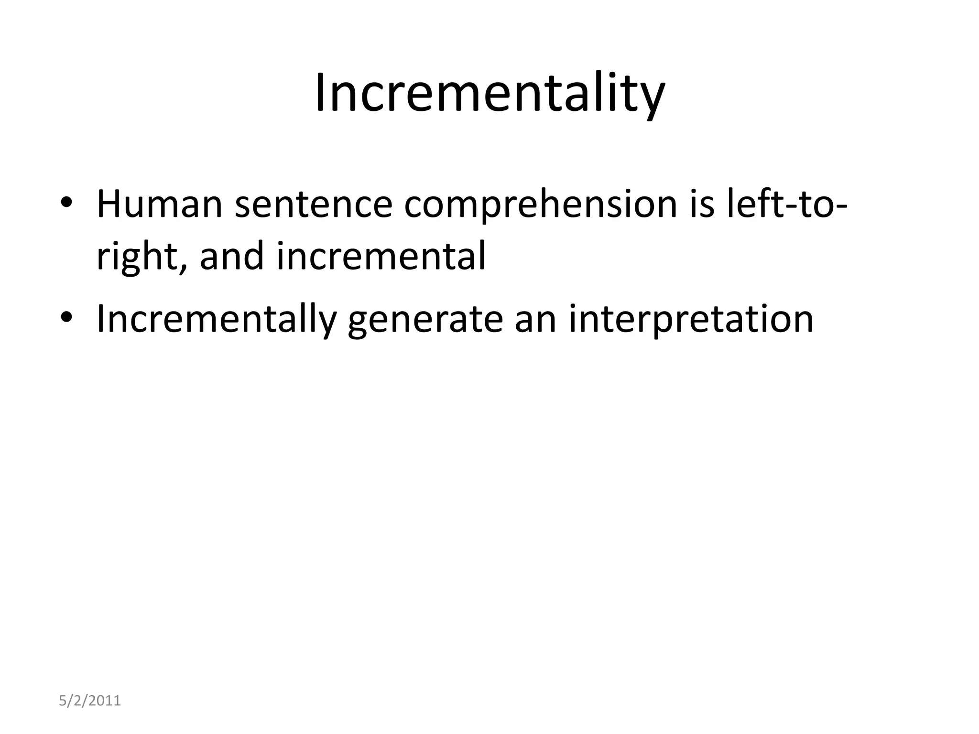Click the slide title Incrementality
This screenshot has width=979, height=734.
489,93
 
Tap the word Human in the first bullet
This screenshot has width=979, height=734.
159,204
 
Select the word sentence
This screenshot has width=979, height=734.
313,204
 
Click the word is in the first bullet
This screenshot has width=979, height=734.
702,204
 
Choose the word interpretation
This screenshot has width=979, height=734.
691,319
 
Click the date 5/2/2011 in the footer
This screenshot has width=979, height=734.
90,701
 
